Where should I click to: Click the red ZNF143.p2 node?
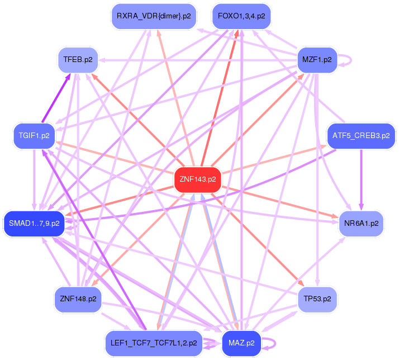(197, 179)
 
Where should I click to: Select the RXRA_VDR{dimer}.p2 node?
(154, 16)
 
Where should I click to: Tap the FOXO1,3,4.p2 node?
(241, 16)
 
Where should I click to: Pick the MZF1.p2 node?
(316, 59)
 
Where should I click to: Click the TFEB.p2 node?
(78, 59)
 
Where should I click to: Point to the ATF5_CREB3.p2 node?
(361, 135)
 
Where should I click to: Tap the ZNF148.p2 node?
(78, 299)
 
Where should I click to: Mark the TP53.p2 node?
(317, 299)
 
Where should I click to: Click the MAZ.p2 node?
(241, 343)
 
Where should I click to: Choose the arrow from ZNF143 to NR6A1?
(279, 201)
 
